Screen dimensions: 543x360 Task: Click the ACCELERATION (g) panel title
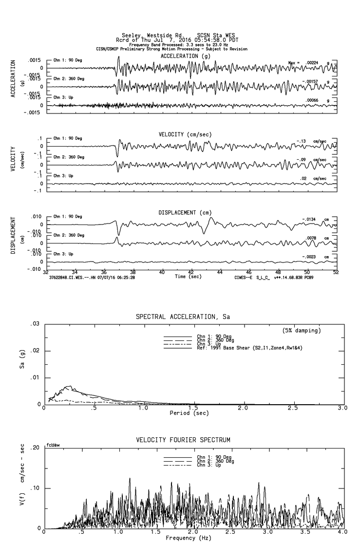(x=189, y=56)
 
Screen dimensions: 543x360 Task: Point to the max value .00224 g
(x=315, y=63)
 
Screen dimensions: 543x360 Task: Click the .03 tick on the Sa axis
(x=35, y=324)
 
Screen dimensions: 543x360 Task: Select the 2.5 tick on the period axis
(x=293, y=408)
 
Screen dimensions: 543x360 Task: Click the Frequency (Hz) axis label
(x=188, y=538)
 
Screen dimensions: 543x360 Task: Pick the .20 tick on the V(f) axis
(x=35, y=448)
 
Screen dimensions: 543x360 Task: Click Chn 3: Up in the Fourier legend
(x=208, y=466)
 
